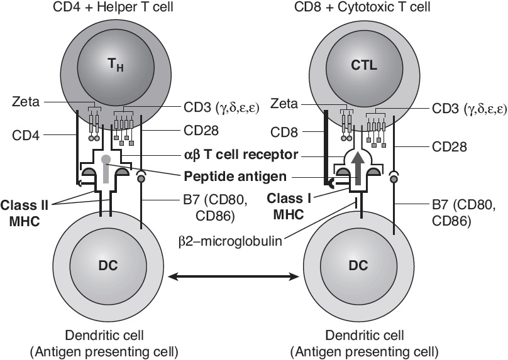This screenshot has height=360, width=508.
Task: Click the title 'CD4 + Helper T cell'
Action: [x=112, y=8]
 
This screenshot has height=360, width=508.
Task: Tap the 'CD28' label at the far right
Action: [x=467, y=146]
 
